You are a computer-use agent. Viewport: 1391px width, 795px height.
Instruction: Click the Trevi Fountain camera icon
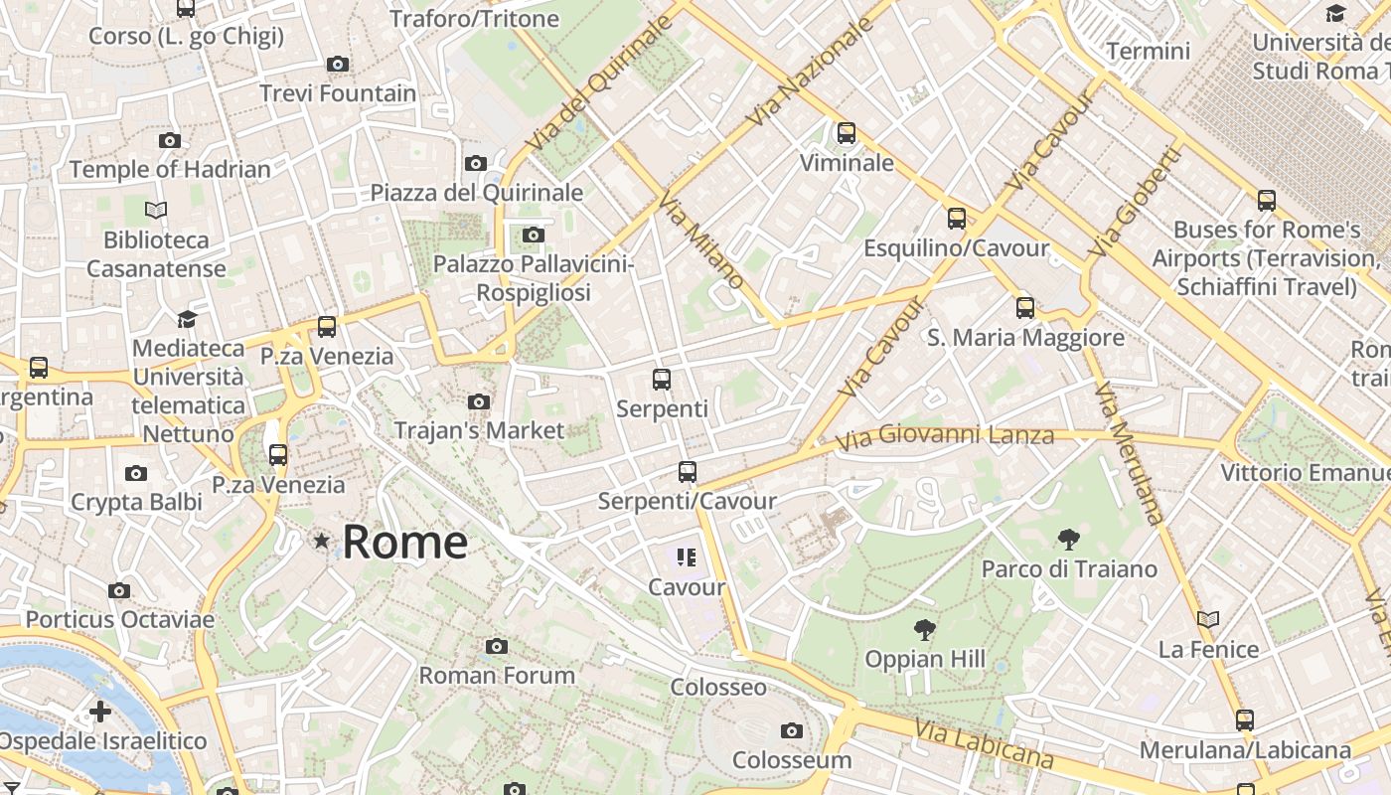338,65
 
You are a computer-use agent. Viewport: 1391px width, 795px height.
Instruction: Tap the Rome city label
405,542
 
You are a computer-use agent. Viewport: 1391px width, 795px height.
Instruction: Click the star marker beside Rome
321,541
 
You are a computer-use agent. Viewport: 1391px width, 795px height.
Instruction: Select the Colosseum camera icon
792,731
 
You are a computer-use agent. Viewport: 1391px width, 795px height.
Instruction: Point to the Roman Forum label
497,676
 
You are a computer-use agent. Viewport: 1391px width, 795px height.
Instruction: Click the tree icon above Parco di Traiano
1069,540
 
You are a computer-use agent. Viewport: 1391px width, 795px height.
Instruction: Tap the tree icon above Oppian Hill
925,630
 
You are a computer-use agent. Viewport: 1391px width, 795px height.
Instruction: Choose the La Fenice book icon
1208,620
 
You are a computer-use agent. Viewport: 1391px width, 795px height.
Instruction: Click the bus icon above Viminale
847,133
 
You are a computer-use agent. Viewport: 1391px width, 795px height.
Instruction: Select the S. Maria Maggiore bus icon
1025,308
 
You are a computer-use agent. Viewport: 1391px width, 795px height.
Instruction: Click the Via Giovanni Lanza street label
944,437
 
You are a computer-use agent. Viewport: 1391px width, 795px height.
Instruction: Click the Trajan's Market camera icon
479,402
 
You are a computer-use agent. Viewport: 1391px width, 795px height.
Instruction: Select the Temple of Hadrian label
170,170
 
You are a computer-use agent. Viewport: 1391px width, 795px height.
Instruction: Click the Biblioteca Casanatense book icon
156,210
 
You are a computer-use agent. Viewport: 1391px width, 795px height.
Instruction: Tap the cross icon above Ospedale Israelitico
100,712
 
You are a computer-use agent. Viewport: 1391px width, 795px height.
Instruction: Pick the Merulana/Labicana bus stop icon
1245,720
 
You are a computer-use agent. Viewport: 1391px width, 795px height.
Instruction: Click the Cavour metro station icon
687,557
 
